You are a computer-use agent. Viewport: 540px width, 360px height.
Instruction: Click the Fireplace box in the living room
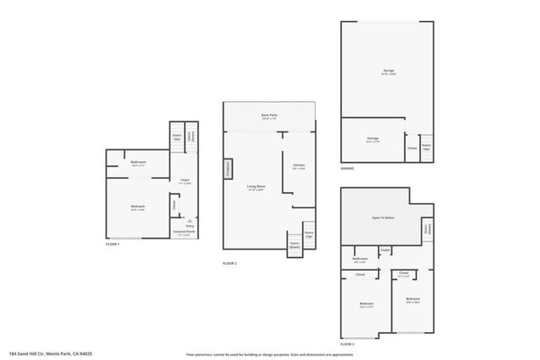point(228,169)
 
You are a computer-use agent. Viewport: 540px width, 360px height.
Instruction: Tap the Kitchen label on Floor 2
point(299,165)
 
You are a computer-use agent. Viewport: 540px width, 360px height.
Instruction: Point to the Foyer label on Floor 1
point(184,180)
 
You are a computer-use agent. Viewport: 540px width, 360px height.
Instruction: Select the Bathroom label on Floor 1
point(138,163)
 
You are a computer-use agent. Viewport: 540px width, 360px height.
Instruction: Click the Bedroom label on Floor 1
point(138,207)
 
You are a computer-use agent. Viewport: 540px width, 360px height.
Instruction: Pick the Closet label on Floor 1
point(174,202)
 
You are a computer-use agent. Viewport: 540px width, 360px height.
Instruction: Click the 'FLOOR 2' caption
point(229,264)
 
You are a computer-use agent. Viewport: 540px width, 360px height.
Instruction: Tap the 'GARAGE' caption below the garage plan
point(348,169)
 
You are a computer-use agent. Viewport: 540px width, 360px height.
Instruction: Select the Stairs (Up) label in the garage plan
point(427,147)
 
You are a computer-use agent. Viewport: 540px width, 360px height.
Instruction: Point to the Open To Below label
point(384,218)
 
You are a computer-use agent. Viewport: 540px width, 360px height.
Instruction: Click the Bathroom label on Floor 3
point(360,260)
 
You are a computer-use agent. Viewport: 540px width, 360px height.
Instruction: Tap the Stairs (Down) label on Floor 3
point(428,227)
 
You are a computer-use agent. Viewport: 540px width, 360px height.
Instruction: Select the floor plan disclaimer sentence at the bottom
point(270,353)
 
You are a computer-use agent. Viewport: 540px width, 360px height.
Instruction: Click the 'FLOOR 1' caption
point(113,244)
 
